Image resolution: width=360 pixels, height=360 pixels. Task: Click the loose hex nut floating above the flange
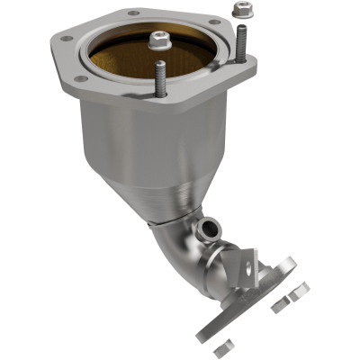(239, 10)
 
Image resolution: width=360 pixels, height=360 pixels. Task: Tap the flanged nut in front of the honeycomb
(160, 40)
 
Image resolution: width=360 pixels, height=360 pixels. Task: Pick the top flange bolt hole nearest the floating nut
(214, 22)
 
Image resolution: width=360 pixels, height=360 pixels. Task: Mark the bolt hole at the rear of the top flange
(132, 13)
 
